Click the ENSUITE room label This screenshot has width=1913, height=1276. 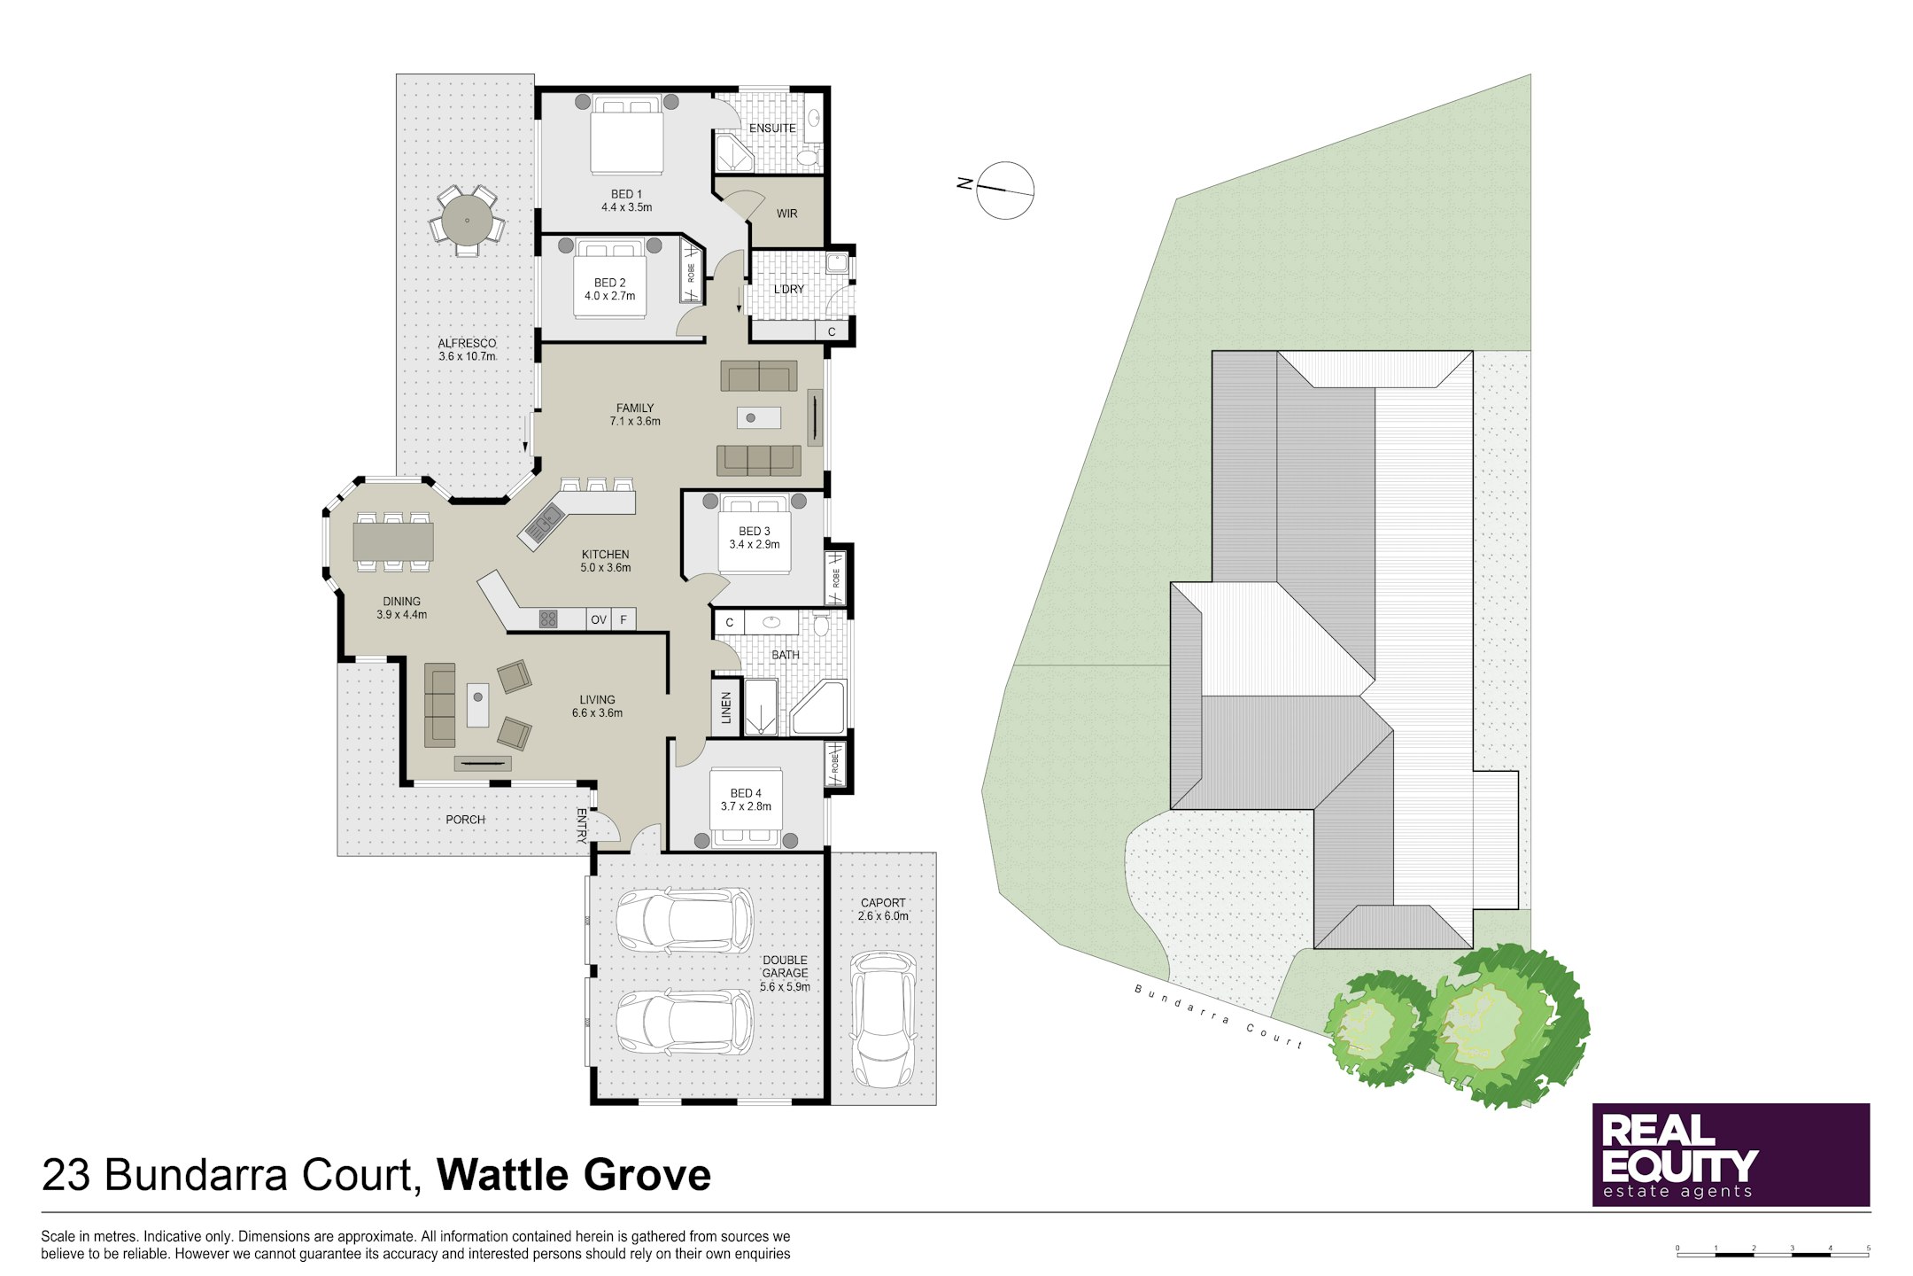point(772,128)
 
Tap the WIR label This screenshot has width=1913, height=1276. point(786,214)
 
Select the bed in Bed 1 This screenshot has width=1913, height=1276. point(626,137)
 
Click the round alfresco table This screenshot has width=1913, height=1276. point(467,219)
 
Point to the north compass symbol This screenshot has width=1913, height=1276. point(1004,190)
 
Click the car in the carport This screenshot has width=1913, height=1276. point(883,1019)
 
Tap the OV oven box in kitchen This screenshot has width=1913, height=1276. point(599,619)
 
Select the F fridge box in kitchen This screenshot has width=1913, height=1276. point(623,619)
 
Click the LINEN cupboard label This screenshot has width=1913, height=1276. point(726,708)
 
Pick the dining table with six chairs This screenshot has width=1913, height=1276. point(393,541)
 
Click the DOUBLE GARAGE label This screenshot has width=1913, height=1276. point(785,973)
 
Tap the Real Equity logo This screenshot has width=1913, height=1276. point(1730,1155)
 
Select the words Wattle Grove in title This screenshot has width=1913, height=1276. point(574,1175)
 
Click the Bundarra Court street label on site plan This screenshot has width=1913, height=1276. point(1219,1017)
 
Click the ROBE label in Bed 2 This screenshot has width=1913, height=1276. point(691,273)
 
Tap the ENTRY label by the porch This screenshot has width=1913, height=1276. point(582,824)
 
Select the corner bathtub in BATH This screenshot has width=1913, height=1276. point(820,709)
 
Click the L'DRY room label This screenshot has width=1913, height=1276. point(788,290)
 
